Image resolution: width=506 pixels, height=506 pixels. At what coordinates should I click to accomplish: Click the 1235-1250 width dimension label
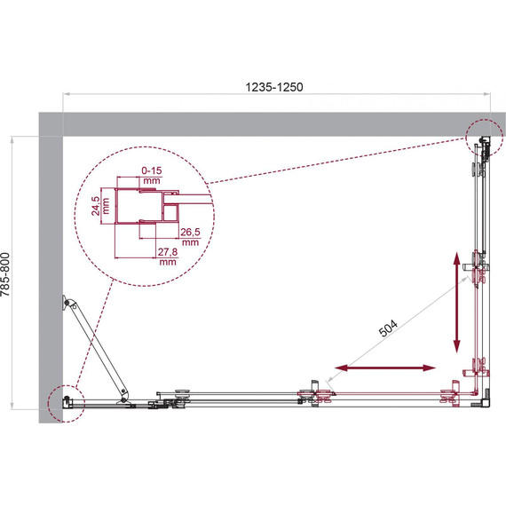point(274,87)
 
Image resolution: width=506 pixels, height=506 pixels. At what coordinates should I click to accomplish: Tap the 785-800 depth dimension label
point(5,274)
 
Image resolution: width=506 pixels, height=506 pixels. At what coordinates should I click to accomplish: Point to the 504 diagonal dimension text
point(388,328)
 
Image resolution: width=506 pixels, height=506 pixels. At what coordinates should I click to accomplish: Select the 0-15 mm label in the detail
point(152,175)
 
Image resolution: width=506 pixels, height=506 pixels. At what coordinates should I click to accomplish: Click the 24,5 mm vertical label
point(100,206)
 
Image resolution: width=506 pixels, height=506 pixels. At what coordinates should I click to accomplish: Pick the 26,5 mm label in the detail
point(190,237)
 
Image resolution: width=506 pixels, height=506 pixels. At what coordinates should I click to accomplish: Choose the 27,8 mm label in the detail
point(168,257)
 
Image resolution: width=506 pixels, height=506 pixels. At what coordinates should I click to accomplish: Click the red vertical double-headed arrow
point(456,303)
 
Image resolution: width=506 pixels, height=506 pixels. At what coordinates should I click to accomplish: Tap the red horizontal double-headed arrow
point(385,368)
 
